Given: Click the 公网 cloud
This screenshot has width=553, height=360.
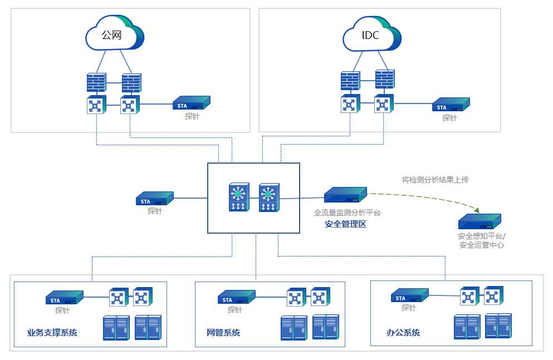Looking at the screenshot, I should pyautogui.click(x=114, y=34).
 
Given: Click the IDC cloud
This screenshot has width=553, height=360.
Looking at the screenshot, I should pyautogui.click(x=371, y=34).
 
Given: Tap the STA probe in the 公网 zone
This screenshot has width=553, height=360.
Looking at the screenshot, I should pyautogui.click(x=192, y=103).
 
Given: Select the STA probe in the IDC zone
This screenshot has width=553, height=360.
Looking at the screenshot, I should pyautogui.click(x=451, y=105).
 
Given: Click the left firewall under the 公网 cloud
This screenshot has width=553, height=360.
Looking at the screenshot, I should pyautogui.click(x=96, y=83).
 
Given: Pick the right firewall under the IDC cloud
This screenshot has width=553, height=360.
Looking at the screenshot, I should pyautogui.click(x=385, y=80).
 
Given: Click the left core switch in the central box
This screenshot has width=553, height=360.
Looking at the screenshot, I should pyautogui.click(x=239, y=198).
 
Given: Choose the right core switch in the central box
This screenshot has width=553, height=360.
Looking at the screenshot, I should pyautogui.click(x=269, y=198).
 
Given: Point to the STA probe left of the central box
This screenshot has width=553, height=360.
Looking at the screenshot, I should pyautogui.click(x=155, y=199).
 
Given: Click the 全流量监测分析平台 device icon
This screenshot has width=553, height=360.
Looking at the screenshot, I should pyautogui.click(x=346, y=195).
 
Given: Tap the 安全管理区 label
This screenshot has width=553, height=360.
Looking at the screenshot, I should pyautogui.click(x=345, y=225).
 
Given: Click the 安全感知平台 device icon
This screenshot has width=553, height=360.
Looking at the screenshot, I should pyautogui.click(x=479, y=221).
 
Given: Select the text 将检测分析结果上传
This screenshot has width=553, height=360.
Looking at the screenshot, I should pyautogui.click(x=435, y=180).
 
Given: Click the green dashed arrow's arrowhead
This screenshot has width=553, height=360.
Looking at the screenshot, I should pyautogui.click(x=477, y=210).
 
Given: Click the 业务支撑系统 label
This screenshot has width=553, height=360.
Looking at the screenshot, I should pyautogui.click(x=52, y=333).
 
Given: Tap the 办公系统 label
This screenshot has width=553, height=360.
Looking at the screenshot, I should pyautogui.click(x=403, y=333).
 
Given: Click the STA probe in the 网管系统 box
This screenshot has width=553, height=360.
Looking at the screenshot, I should pyautogui.click(x=236, y=298).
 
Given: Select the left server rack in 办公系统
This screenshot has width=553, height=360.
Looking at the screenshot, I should pyautogui.click(x=467, y=327).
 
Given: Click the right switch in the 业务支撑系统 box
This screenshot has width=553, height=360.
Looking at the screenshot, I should pyautogui.click(x=143, y=297).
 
